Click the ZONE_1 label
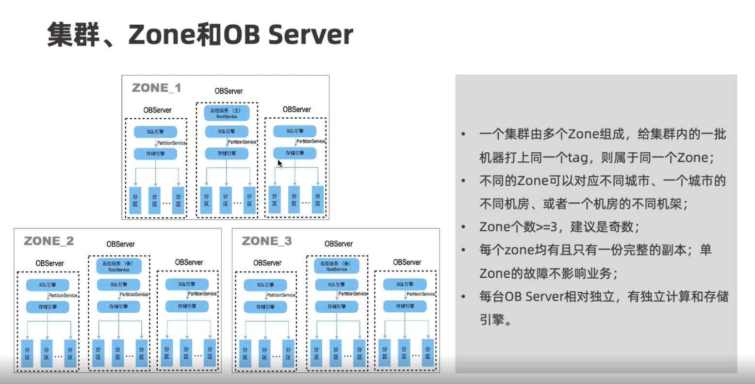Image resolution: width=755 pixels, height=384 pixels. click(156, 88)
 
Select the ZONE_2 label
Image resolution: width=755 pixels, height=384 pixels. click(49, 241)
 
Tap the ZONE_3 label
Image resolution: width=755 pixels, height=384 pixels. click(267, 241)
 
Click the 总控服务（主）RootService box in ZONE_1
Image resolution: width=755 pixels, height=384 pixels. click(227, 113)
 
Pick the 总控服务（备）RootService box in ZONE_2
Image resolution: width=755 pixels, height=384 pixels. click(119, 266)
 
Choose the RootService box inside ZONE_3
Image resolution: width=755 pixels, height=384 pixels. click(337, 266)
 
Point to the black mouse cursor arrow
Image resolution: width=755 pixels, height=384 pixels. click(280, 163)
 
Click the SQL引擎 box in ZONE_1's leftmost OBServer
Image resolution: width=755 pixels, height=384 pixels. click(155, 132)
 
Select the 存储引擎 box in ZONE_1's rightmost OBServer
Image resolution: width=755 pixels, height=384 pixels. click(295, 153)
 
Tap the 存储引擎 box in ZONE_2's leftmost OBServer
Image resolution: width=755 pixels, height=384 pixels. click(48, 307)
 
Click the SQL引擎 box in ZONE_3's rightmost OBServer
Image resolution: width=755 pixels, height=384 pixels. click(405, 285)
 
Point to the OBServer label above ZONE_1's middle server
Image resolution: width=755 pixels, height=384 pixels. click(229, 91)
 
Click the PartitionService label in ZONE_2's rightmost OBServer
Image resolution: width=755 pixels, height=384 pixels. click(202, 294)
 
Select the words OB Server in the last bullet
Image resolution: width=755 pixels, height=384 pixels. click(533, 296)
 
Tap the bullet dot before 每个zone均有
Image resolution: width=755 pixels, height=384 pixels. click(463, 250)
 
